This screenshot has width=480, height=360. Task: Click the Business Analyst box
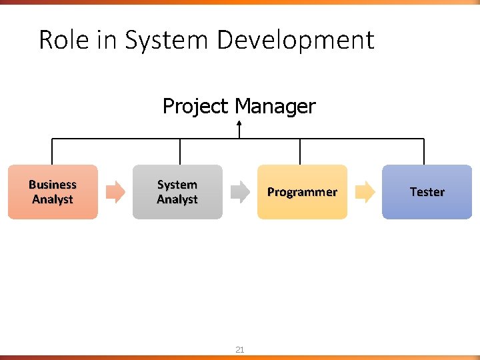53,192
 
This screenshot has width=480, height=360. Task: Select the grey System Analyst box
177,192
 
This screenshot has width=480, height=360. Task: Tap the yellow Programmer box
302,192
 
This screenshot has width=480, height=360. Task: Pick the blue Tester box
427,192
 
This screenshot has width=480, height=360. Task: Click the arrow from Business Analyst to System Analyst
115,192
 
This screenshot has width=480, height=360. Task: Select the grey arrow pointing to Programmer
240,192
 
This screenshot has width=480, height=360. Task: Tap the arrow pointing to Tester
365,192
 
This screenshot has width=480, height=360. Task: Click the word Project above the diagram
194,106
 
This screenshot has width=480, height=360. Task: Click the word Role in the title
63,40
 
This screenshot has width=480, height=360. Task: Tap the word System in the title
167,40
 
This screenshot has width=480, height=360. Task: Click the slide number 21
240,349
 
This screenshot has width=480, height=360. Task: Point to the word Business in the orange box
53,185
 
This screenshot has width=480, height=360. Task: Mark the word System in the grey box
177,185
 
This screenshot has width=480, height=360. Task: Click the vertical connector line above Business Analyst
53,151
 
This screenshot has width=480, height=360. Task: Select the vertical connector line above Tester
423,151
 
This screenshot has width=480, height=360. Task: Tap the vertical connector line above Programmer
300,151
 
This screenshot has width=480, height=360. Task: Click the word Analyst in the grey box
177,199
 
